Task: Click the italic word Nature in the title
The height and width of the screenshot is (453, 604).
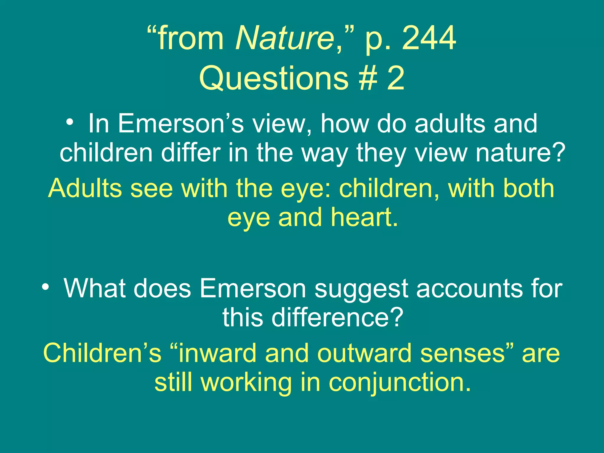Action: tap(285, 38)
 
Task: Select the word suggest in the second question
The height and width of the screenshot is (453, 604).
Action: tap(361, 289)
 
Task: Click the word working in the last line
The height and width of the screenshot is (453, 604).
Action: tap(246, 382)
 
